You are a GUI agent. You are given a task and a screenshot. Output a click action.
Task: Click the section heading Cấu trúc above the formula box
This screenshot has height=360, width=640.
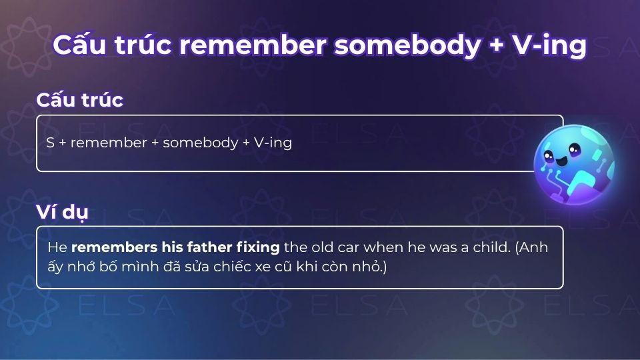[79, 100]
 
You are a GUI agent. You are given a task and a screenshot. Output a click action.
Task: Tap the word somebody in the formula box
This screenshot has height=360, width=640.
[197, 143]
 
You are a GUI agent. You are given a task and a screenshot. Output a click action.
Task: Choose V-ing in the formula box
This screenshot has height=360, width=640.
[273, 143]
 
